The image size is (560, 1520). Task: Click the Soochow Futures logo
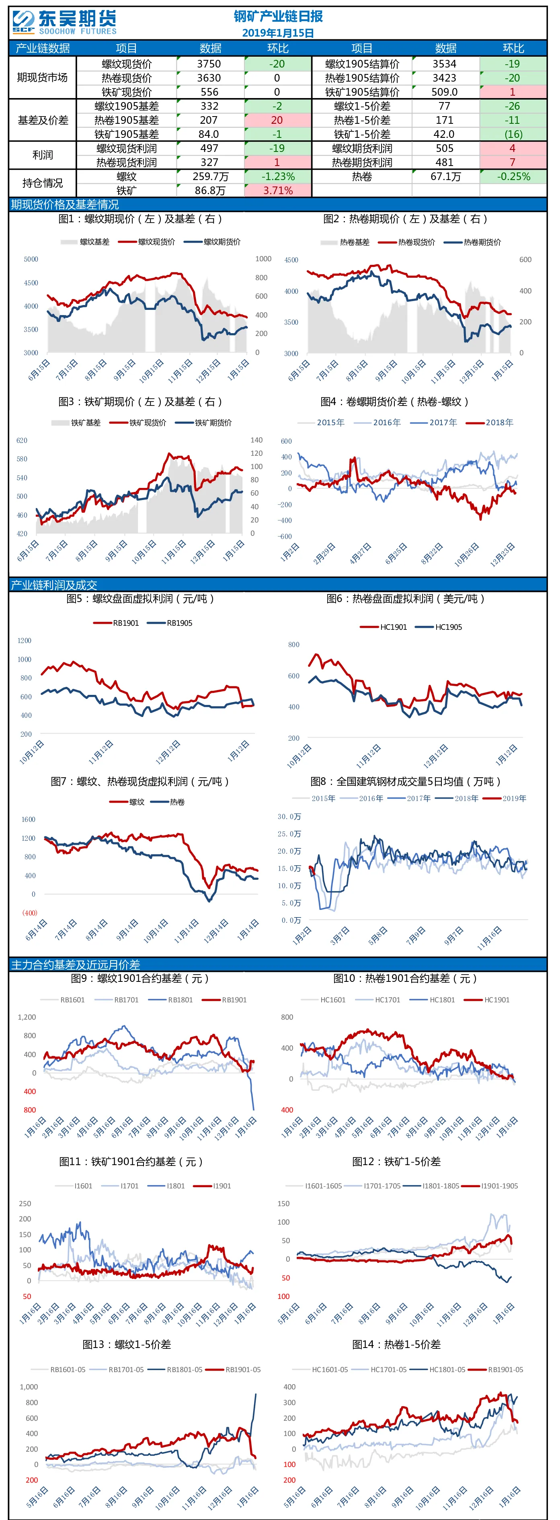pos(64,23)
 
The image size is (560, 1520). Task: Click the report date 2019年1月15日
pos(278,33)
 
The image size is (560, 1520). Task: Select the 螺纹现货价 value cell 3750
pos(209,64)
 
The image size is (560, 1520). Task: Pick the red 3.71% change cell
pos(278,191)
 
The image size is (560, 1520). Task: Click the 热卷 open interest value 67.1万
pos(445,176)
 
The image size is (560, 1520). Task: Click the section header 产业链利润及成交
pos(54,585)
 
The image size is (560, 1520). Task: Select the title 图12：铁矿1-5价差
pos(396,1161)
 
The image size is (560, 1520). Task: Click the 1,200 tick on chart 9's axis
pos(27,1017)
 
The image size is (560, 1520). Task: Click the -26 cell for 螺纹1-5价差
pos(513,106)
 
